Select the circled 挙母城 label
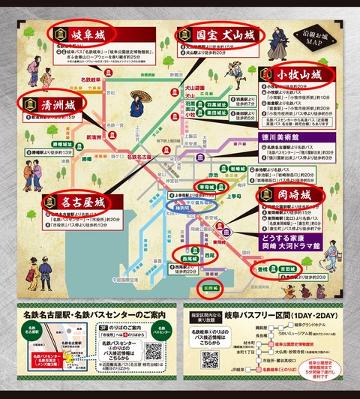pyautogui.click(x=205, y=184)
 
